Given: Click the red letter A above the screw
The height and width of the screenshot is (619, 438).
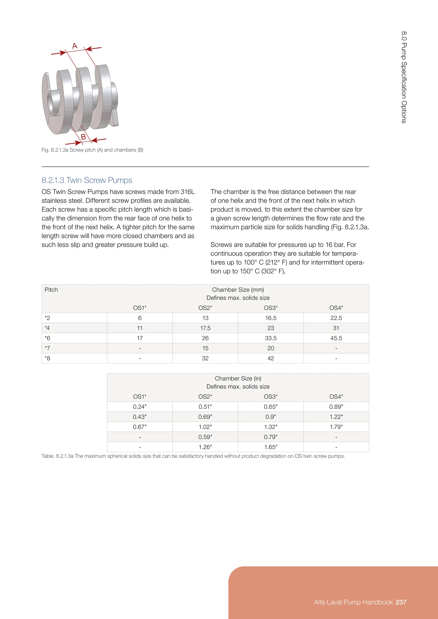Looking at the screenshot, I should click(x=75, y=46).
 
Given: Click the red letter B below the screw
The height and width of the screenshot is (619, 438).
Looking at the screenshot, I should click(x=83, y=137).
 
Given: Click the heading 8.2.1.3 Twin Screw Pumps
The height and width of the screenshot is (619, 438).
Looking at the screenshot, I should click(x=87, y=180).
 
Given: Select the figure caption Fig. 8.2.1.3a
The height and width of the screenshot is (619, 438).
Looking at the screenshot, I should click(x=92, y=150).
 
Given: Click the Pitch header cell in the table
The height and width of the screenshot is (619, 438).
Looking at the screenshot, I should click(x=51, y=290).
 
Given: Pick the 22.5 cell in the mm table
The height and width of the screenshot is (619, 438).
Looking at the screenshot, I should click(x=336, y=318).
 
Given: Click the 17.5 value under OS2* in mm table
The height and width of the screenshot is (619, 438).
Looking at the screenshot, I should click(x=205, y=328).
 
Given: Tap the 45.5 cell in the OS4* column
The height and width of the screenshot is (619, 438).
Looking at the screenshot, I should click(x=336, y=338).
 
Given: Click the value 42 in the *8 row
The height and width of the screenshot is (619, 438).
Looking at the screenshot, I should click(x=271, y=358).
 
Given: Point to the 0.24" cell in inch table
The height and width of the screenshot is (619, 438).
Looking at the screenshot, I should click(x=140, y=407).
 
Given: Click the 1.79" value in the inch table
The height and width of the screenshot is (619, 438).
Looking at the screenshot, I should click(x=336, y=427).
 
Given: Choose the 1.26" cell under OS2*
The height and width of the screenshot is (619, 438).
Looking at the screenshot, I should click(x=205, y=447).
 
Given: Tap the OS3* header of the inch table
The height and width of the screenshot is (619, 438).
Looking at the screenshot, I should click(x=271, y=396).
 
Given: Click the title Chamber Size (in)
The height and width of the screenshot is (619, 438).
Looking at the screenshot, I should click(x=238, y=379).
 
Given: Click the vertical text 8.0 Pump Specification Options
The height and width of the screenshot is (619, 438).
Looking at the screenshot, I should click(x=404, y=77).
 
